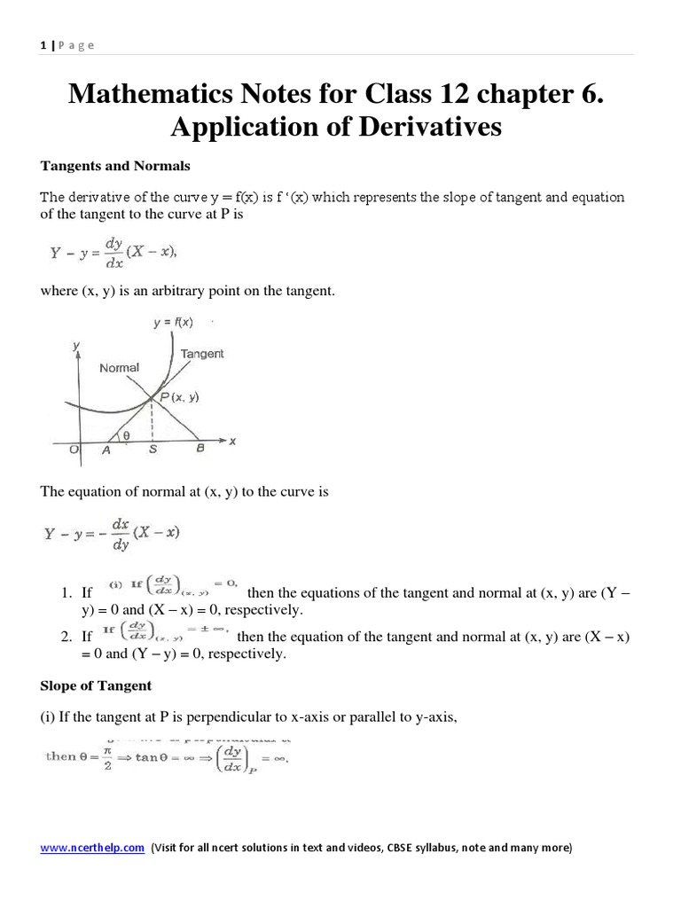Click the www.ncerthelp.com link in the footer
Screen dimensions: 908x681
92,848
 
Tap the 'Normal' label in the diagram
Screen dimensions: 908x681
119,367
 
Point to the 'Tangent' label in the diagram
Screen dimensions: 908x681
202,354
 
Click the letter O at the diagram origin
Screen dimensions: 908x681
75,450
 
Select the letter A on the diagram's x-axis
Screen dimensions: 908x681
108,450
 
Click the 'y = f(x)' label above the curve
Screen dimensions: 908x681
173,323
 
